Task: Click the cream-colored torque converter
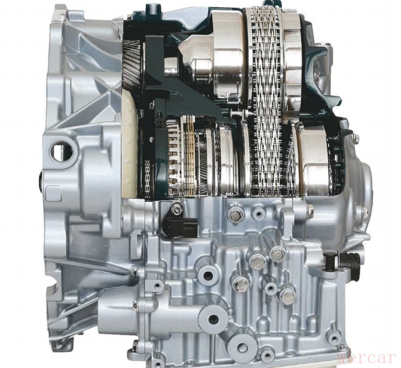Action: click(130, 144)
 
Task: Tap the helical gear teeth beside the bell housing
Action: click(131, 65)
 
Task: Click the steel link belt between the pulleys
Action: click(265, 100)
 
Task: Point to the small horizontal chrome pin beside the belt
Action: click(238, 112)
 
